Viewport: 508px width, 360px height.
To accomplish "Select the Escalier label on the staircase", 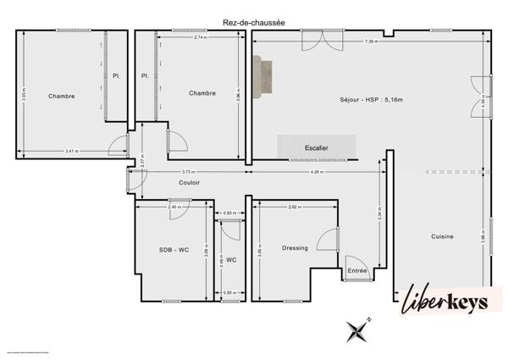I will tap(317, 148).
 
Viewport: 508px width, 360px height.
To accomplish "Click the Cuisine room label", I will tap(442, 236).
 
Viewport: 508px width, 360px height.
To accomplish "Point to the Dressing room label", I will tap(295, 248).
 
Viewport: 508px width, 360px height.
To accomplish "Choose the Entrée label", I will tap(357, 271).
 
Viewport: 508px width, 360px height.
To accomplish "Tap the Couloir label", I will tap(189, 183).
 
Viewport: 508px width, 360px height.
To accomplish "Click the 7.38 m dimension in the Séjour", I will tap(371, 42).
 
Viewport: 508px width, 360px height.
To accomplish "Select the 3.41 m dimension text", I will tap(71, 151).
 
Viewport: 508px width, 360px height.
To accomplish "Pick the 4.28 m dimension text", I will tap(316, 172).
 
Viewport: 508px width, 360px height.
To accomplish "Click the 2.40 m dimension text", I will tap(173, 207).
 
